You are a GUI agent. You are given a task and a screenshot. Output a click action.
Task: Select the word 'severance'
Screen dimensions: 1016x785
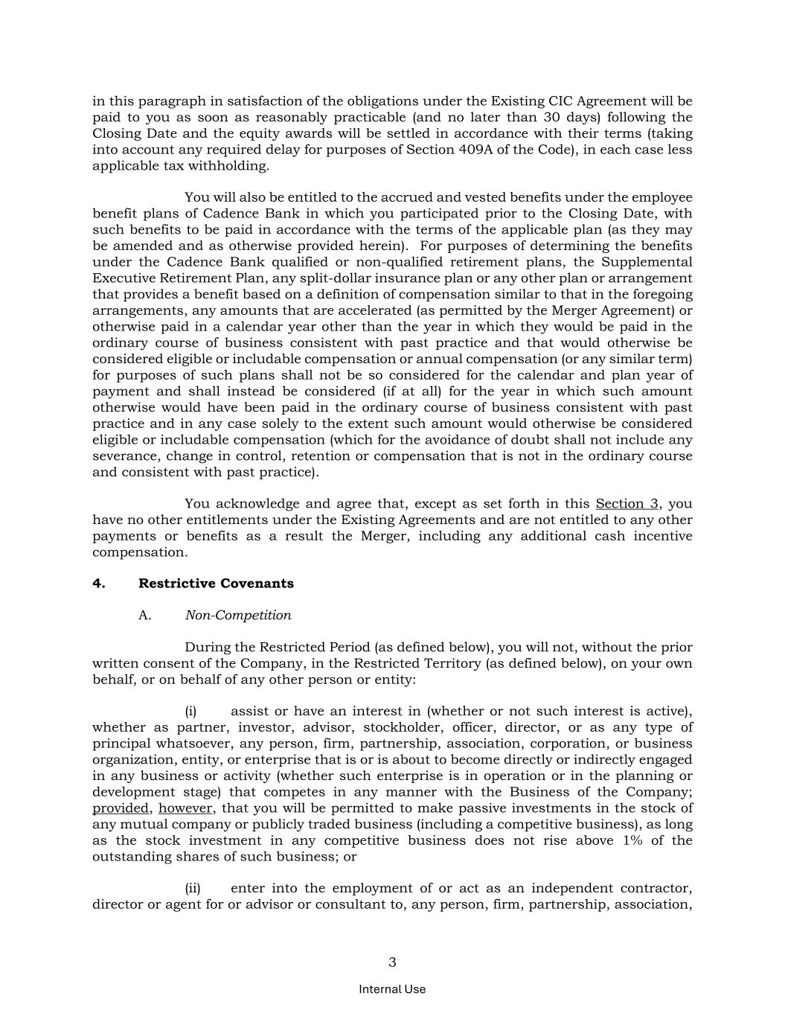(x=125, y=456)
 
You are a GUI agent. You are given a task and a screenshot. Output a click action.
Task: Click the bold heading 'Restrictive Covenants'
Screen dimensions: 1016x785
(x=216, y=584)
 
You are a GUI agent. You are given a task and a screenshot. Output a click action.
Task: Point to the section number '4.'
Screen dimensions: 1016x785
(x=99, y=584)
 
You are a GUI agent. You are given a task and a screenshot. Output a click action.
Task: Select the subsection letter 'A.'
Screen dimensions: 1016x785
(x=145, y=616)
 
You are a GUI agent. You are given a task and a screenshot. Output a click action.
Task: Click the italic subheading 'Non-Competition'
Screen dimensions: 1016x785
(x=238, y=616)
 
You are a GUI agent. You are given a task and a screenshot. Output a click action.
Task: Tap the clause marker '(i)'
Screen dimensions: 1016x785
(x=190, y=712)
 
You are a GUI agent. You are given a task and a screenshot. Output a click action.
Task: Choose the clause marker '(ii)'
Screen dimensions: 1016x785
(x=193, y=889)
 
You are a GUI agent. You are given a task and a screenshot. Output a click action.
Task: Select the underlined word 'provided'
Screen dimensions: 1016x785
(x=121, y=808)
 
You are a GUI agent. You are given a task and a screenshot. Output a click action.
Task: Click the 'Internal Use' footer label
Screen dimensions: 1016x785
(x=392, y=989)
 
